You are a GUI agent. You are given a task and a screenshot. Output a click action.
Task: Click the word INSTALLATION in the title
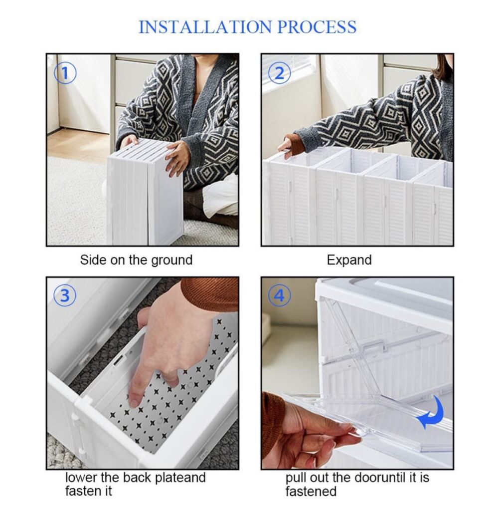pyautogui.click(x=205, y=27)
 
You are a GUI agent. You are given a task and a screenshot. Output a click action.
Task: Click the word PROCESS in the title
pyautogui.click(x=317, y=27)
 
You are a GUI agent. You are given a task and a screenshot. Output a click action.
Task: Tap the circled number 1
pyautogui.click(x=65, y=73)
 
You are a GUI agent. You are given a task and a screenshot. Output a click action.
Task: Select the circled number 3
pyautogui.click(x=65, y=296)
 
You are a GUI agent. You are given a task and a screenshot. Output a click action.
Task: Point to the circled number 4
pyautogui.click(x=279, y=296)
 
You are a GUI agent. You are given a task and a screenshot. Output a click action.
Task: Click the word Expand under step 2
pyautogui.click(x=349, y=260)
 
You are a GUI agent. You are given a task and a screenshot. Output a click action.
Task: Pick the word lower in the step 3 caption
pyautogui.click(x=81, y=478)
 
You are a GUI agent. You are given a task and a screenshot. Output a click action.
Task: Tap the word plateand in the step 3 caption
pyautogui.click(x=180, y=478)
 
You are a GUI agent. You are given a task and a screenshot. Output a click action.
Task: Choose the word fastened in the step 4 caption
pyautogui.click(x=311, y=491)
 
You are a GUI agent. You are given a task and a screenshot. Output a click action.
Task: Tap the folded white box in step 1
pyautogui.click(x=145, y=192)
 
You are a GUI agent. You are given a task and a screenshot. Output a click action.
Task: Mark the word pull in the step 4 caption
pyautogui.click(x=296, y=478)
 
